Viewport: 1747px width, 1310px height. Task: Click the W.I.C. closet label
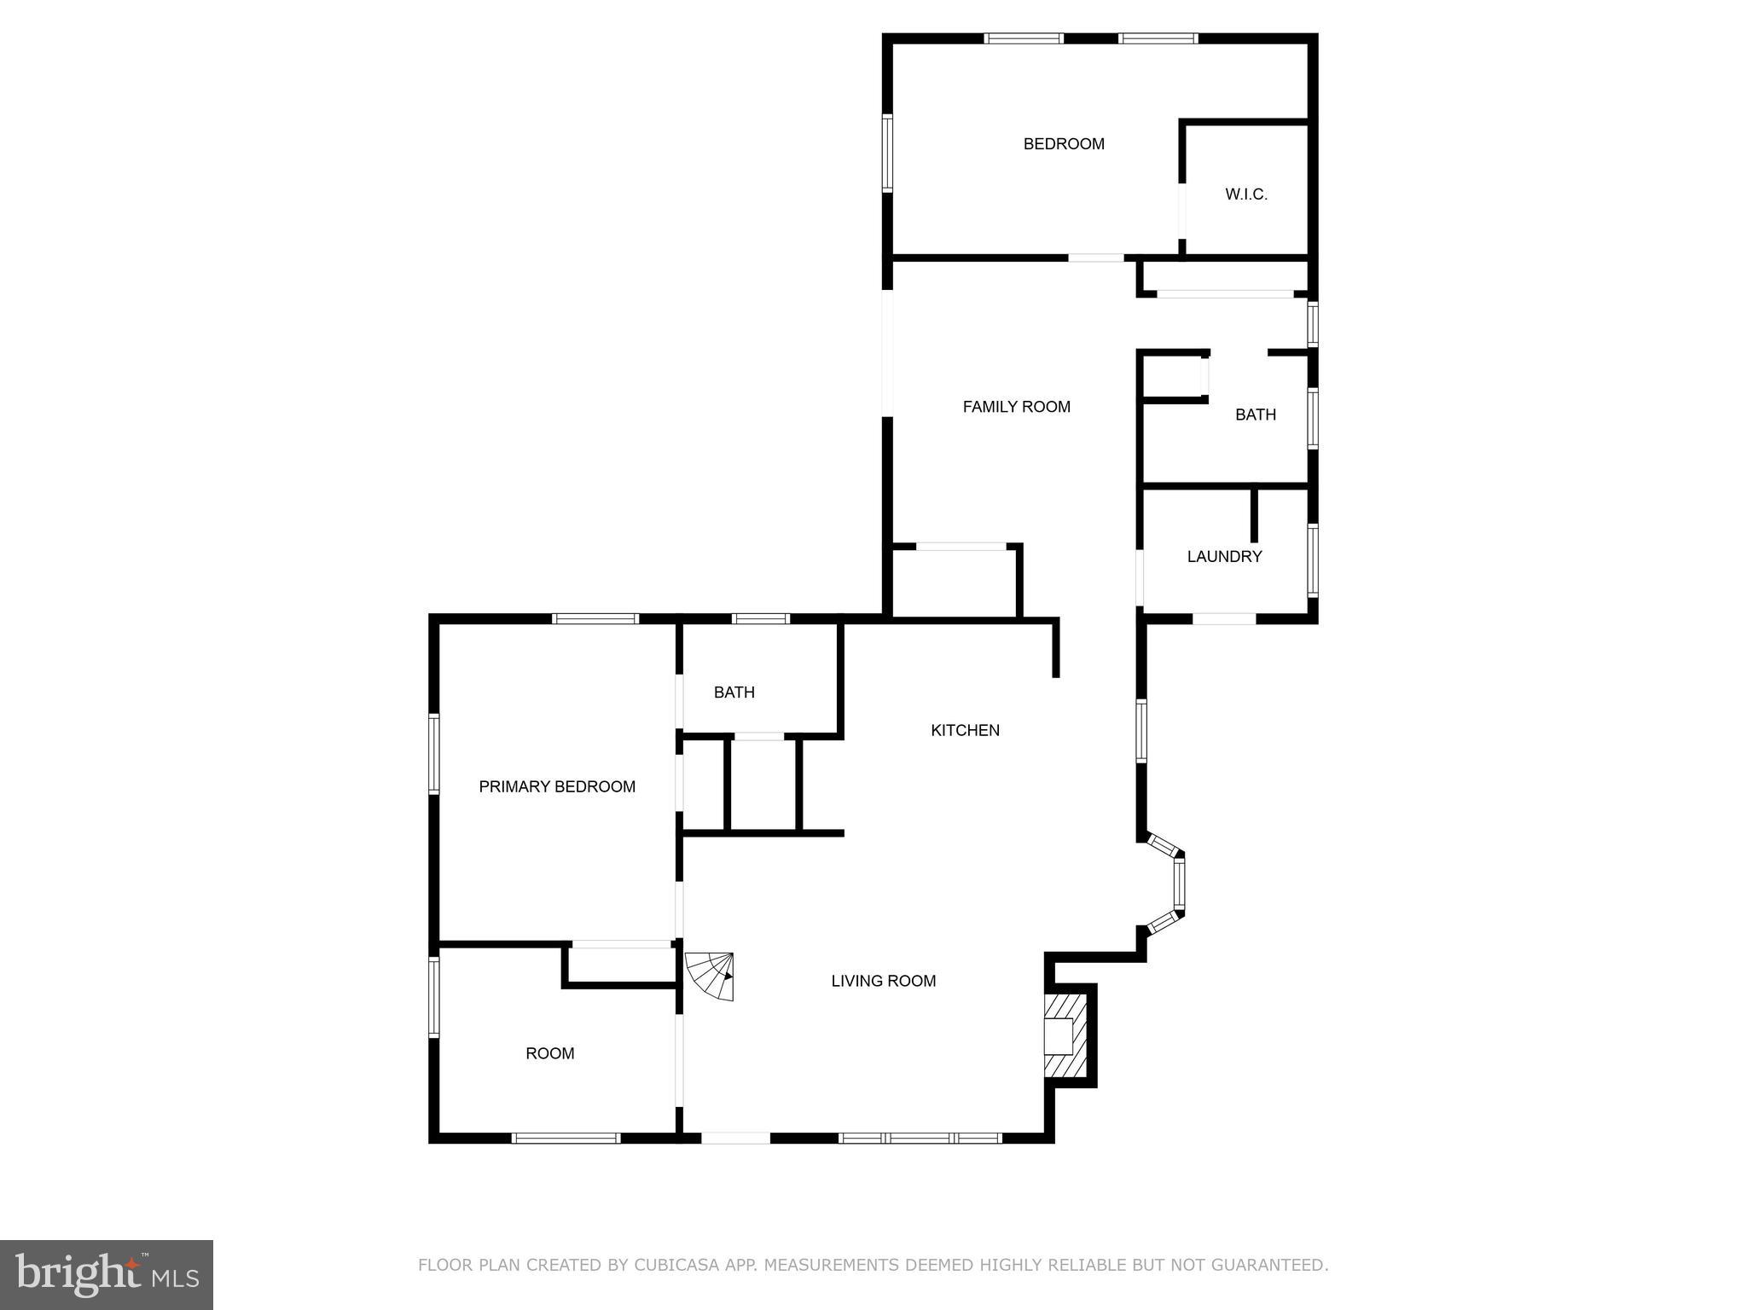coord(1246,194)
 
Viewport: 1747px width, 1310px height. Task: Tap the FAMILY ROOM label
coord(1016,407)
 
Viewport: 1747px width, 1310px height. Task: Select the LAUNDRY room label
coord(1224,557)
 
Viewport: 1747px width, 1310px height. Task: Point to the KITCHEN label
coord(965,730)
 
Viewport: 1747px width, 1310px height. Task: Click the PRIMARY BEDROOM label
coord(557,787)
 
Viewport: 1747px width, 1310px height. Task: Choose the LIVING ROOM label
coord(884,982)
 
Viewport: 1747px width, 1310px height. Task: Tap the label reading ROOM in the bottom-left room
coord(550,1054)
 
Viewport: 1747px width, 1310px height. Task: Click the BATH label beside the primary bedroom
coord(734,693)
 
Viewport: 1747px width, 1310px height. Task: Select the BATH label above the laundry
coord(1256,415)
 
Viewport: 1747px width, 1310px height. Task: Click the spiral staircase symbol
coord(711,976)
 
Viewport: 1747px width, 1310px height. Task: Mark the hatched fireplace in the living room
coord(1065,1036)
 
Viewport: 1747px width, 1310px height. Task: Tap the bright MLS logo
coord(107,1274)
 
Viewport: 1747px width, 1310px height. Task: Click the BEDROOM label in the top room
coord(1064,144)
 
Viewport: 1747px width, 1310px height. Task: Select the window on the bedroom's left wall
coord(887,154)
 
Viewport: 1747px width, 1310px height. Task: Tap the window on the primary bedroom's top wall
coord(595,619)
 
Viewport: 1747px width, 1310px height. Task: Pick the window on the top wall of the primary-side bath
coord(760,619)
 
